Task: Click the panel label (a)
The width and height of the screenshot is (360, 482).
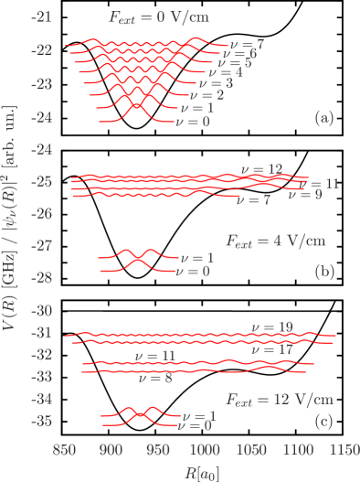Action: tap(323, 117)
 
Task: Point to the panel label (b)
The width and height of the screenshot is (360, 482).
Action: tap(323, 272)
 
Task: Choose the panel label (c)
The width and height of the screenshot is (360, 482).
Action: tap(323, 422)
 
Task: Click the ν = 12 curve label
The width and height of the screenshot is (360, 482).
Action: tap(261, 169)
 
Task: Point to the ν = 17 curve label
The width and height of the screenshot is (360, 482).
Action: tap(271, 349)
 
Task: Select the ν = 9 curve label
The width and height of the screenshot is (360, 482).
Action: tap(304, 195)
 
